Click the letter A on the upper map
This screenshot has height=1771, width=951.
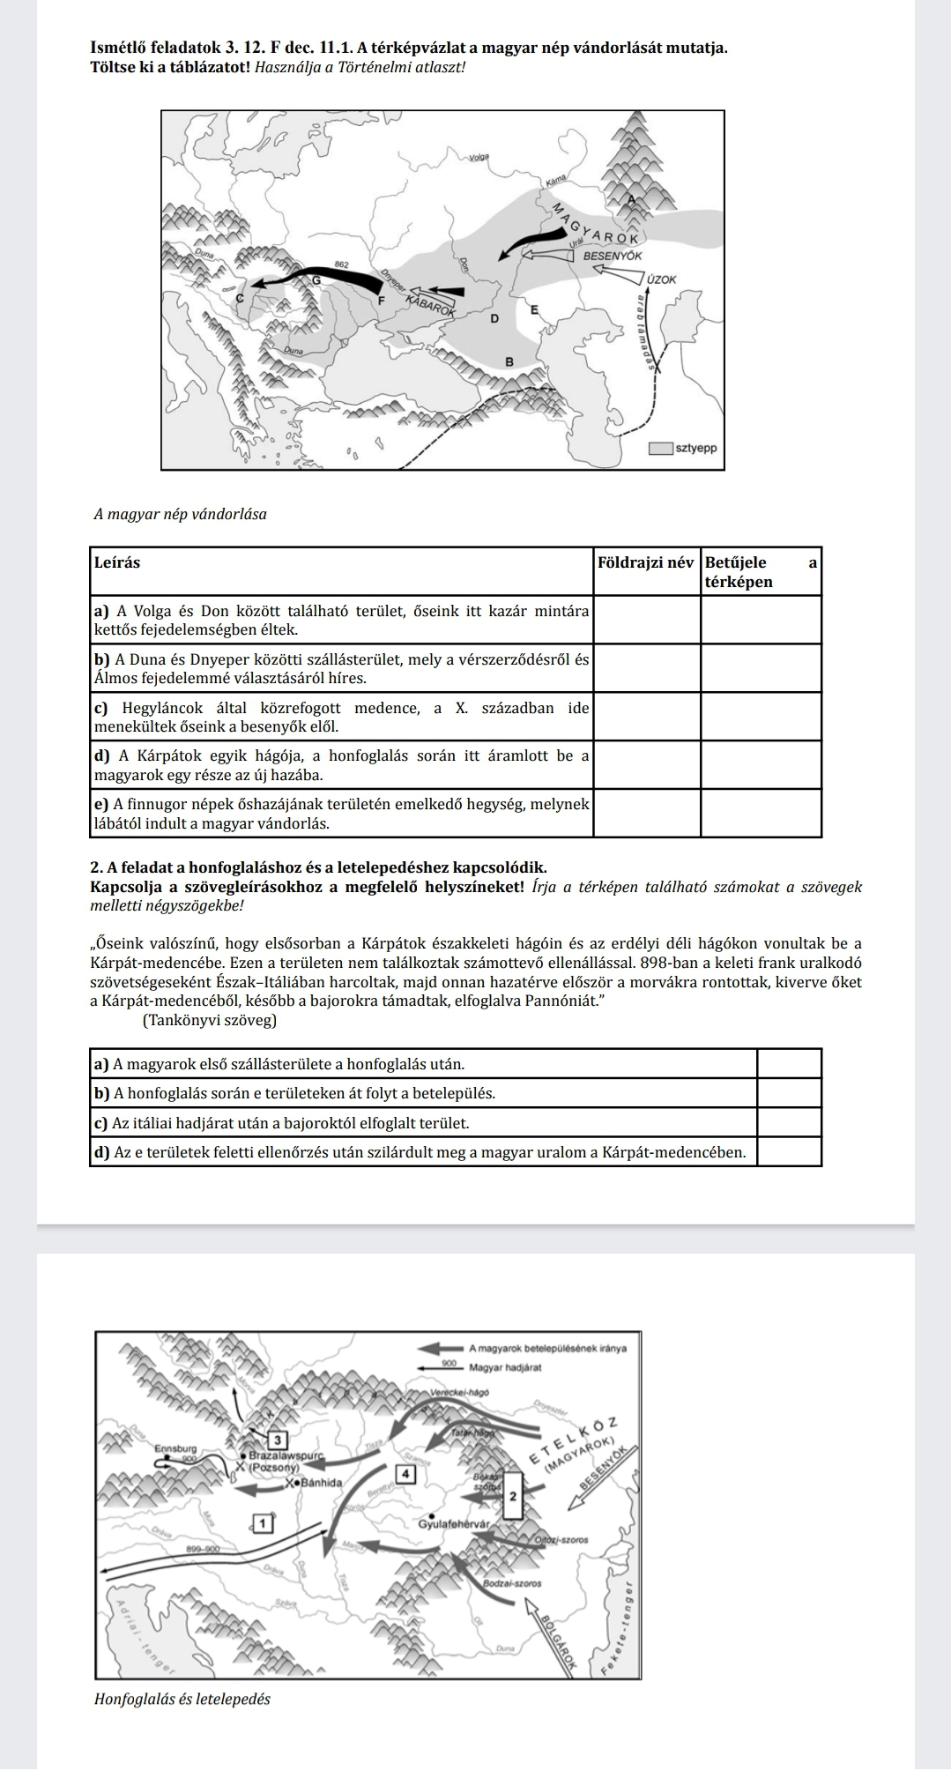[x=630, y=199]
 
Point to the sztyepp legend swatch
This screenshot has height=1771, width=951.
[x=660, y=448]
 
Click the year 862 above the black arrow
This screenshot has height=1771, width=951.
[x=343, y=264]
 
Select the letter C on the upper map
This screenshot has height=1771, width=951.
[x=237, y=300]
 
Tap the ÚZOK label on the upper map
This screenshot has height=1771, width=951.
[x=661, y=279]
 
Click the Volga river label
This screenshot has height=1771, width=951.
[x=479, y=157]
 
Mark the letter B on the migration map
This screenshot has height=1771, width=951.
[x=508, y=361]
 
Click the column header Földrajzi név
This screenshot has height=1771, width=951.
[x=646, y=562]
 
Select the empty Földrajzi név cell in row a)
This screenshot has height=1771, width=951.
[x=647, y=620]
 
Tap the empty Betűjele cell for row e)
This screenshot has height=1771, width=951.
[x=761, y=813]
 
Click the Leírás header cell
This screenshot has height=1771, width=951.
[x=116, y=562]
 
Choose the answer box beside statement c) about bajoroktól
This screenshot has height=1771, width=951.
[x=789, y=1123]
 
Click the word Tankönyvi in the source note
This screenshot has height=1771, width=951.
[x=176, y=1020]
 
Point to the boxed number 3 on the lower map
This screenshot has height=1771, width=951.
[x=279, y=1440]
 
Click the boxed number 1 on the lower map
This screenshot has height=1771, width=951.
[x=262, y=1522]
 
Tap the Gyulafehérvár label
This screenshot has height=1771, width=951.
[x=454, y=1523]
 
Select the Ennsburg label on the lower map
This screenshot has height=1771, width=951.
[x=176, y=1448]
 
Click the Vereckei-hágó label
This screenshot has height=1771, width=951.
[x=458, y=1392]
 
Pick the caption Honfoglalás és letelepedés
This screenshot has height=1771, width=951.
[x=182, y=1699]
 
